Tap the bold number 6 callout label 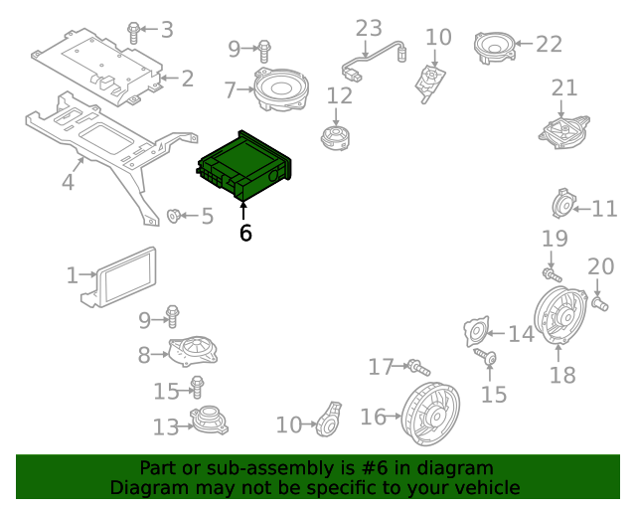pyautogui.click(x=245, y=234)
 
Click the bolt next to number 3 pyautogui.click(x=134, y=32)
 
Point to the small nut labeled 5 pyautogui.click(x=175, y=216)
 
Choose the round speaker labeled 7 pyautogui.click(x=280, y=91)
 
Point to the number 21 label pyautogui.click(x=563, y=87)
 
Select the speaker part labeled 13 pyautogui.click(x=211, y=421)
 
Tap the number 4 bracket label pyautogui.click(x=68, y=183)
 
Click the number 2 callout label pyautogui.click(x=187, y=78)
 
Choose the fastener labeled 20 pyautogui.click(x=600, y=301)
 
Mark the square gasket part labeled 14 pyautogui.click(x=477, y=333)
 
